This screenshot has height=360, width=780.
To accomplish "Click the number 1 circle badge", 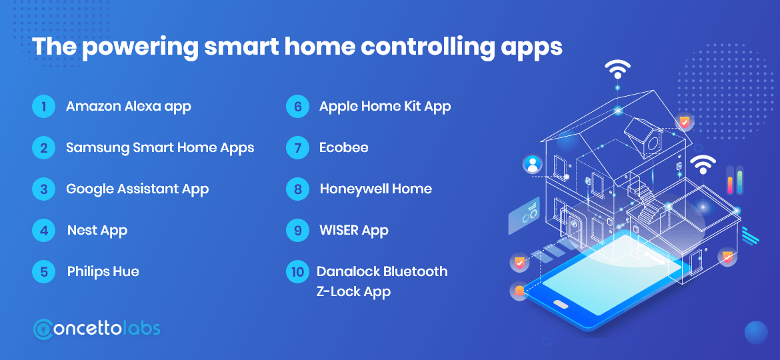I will [43, 107].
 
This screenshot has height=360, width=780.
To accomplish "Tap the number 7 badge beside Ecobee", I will [297, 148].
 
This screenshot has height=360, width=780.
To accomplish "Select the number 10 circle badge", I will [297, 272].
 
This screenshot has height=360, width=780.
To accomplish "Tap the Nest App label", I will [97, 231].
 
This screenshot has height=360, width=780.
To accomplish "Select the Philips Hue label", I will [103, 272].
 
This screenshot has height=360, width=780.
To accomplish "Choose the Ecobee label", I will [344, 148].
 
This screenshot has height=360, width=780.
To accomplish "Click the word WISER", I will [339, 231].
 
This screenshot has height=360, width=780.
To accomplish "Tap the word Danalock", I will [347, 272].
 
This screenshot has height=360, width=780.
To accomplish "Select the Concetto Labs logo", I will [97, 329].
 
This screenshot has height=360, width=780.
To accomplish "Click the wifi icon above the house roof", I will [617, 69].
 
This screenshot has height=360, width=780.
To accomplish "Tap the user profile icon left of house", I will [533, 165].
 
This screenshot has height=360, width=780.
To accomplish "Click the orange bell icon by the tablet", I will [519, 291].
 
